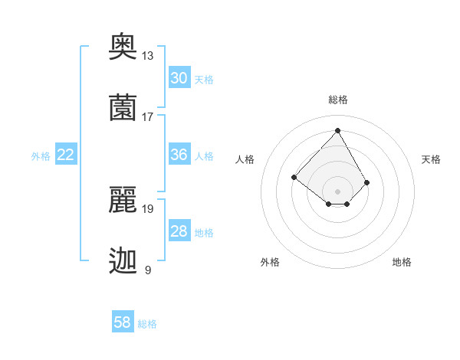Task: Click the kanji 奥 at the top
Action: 123,47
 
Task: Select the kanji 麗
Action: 123,201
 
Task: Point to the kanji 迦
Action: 123,260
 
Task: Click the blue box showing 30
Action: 179,78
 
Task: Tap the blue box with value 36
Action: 179,155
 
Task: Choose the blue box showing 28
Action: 179,232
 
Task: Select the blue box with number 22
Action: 66,155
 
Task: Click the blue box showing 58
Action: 123,322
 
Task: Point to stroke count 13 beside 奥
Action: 148,56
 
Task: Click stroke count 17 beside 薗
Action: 148,116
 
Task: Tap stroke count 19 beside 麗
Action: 148,208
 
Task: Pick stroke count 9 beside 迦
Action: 148,270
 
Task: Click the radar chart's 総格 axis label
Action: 338,100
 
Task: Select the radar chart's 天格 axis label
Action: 432,159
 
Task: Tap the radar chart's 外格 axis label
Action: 270,262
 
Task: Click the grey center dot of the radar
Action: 338,191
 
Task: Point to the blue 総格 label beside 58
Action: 147,324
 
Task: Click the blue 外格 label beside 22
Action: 41,156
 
